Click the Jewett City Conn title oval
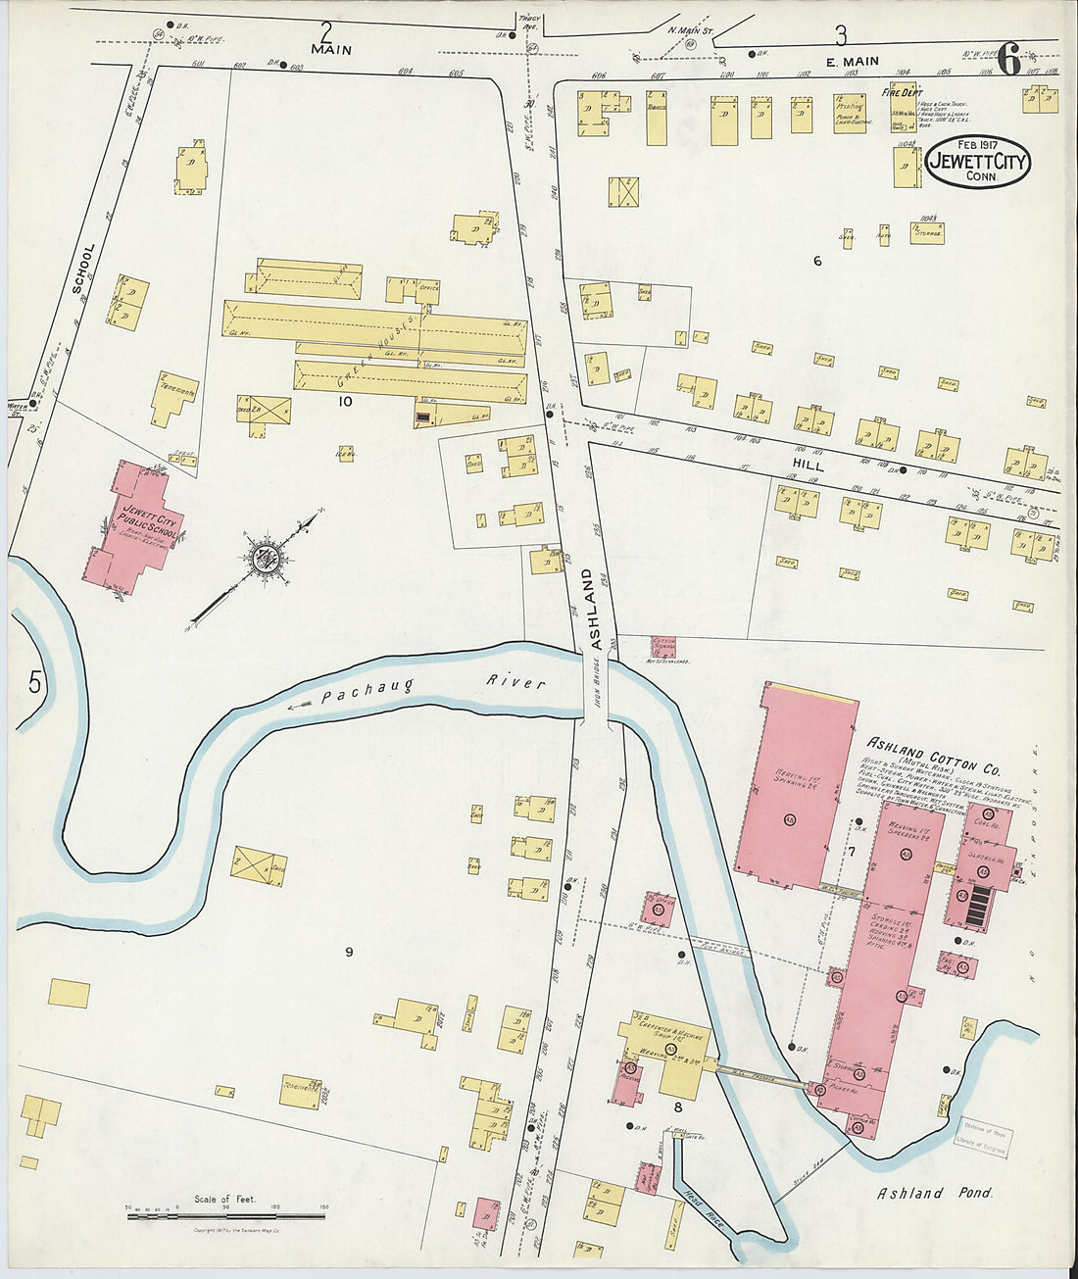[977, 163]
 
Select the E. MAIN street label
[852, 62]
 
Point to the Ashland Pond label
[934, 1193]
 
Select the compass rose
[265, 560]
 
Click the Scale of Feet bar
[225, 1215]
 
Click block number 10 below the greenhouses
[345, 401]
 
